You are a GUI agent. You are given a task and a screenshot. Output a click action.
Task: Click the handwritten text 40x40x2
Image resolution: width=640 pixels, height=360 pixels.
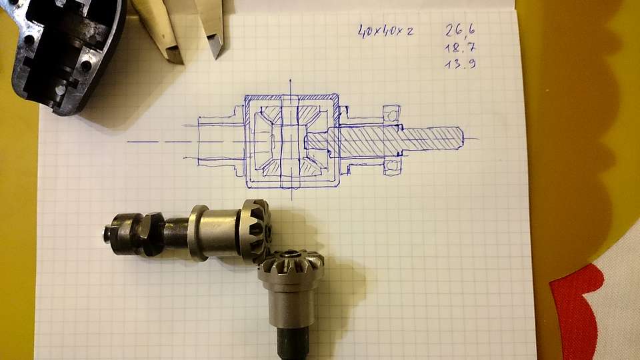(x=386, y=31)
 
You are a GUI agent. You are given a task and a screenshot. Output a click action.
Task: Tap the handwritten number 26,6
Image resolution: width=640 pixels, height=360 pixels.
(x=460, y=30)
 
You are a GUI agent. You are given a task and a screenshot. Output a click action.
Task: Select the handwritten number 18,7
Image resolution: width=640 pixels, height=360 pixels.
(x=460, y=48)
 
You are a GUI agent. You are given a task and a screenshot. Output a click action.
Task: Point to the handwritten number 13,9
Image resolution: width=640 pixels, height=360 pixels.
(x=460, y=64)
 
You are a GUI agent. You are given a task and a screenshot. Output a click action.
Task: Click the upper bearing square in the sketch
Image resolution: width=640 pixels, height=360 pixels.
(x=391, y=113)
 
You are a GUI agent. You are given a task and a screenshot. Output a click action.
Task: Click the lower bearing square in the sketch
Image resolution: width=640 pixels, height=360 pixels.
(x=392, y=166)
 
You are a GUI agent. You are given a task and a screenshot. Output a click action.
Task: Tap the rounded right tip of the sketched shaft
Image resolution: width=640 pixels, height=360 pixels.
(x=461, y=138)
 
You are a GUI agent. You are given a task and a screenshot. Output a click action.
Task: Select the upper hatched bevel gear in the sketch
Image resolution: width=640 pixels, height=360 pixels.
(x=292, y=116)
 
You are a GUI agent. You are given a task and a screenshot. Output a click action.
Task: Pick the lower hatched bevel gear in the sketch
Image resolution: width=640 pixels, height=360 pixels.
(x=291, y=167)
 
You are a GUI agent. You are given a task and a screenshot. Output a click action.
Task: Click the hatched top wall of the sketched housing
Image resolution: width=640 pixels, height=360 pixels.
(x=292, y=98)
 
